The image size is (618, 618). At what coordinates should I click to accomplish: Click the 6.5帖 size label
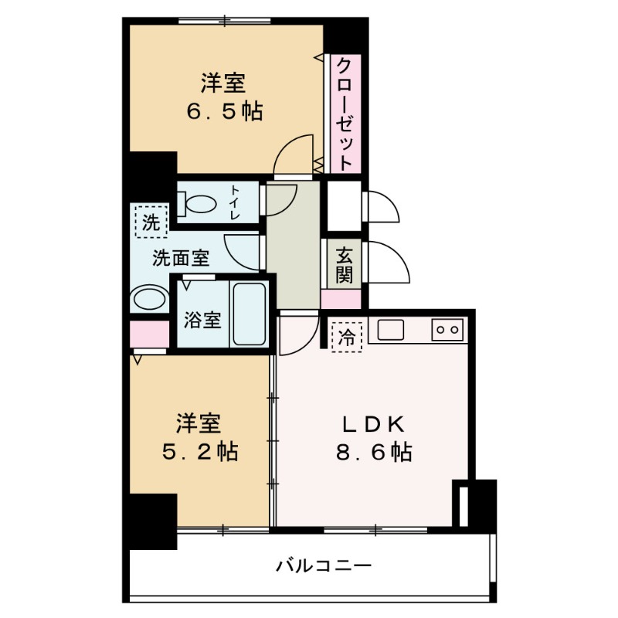224,111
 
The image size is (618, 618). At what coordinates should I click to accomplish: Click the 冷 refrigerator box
347,336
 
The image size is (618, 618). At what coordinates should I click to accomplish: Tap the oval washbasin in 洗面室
149,300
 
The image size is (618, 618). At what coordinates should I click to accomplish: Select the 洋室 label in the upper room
224,82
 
